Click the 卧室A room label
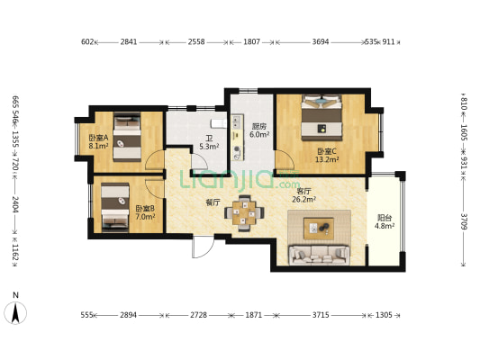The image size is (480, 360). click(98, 138)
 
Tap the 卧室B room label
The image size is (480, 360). click(145, 209)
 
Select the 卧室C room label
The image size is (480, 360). click(327, 151)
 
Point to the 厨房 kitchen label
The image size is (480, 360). click(259, 126)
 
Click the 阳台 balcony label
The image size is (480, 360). click(385, 218)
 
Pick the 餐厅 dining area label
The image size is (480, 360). click(213, 202)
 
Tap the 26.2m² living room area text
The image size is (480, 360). click(304, 200)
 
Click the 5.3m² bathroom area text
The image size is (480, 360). click(209, 147)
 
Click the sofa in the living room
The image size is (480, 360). click(320, 255)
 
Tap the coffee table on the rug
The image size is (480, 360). click(319, 229)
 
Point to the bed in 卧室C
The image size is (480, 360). click(322, 118)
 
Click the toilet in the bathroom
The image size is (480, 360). click(219, 123)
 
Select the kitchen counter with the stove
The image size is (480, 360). click(237, 138)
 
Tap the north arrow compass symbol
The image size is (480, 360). click(15, 312)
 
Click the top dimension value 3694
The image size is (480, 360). click(321, 41)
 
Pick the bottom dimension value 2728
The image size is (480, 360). click(199, 315)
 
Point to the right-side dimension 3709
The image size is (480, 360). click(464, 221)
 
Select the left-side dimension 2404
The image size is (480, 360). click(16, 204)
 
